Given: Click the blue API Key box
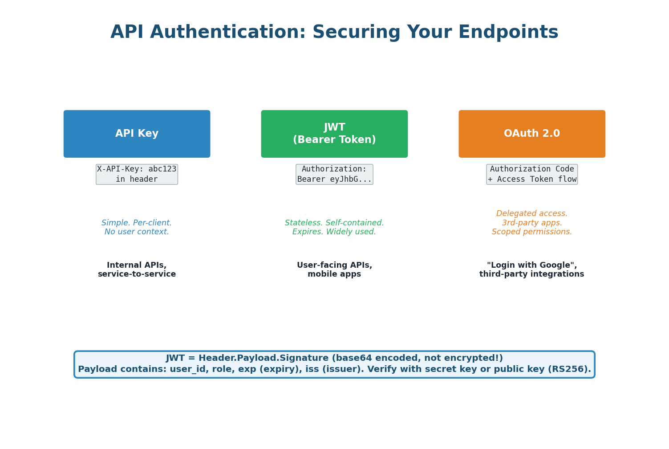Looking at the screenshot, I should pos(137,134).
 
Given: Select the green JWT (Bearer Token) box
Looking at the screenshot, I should pos(334,134).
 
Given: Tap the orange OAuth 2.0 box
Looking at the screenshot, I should pos(532,134).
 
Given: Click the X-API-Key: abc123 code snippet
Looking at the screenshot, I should pos(137,174).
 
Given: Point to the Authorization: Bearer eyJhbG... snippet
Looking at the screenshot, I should pos(334,174).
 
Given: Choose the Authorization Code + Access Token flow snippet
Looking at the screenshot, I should pos(532,174).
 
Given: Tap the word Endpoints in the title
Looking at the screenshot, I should pos(508,33).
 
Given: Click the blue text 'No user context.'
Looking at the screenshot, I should pos(137,232).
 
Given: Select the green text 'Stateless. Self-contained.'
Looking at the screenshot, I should pos(334,223).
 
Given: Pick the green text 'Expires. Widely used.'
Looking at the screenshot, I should pos(334,232).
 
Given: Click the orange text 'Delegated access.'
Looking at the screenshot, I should pos(532,214).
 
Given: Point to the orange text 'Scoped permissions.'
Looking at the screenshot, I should pos(532,232).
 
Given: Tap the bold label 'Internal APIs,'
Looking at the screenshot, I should pos(137,265).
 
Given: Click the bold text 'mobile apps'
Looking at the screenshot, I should pos(334,274).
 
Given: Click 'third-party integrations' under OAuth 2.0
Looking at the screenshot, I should pos(532,274).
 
